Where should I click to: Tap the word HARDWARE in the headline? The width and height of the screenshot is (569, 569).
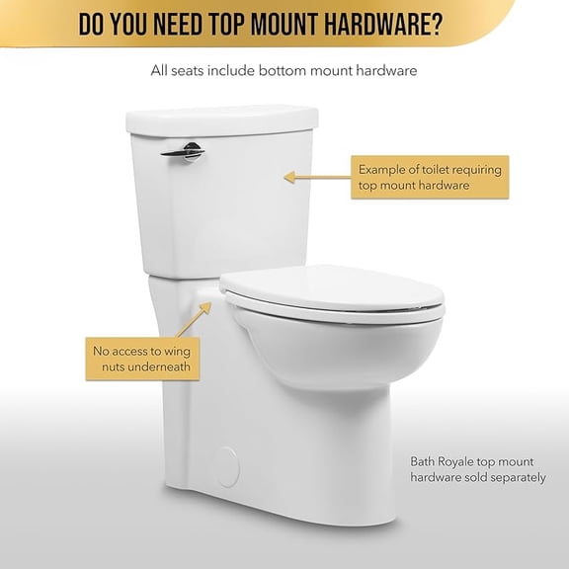372,22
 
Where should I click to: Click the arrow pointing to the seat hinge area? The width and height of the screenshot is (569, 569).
198,317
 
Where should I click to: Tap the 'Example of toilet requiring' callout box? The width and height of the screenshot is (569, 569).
432,177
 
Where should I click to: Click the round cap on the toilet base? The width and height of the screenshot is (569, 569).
228,467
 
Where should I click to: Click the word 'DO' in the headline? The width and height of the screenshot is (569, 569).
91,22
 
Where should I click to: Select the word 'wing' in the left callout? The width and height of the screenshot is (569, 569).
182,350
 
